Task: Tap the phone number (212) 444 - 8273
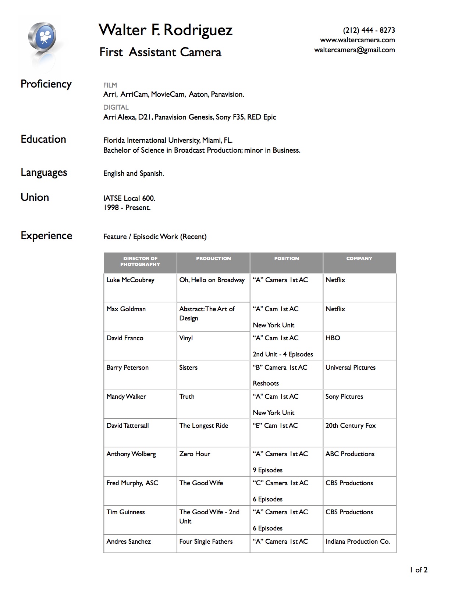click(369, 30)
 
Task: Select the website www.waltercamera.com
click(357, 40)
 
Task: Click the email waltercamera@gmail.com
click(354, 50)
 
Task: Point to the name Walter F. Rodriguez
click(166, 30)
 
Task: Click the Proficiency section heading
click(46, 84)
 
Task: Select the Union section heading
click(35, 197)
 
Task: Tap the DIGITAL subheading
click(116, 107)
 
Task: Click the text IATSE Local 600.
click(129, 198)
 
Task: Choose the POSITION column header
click(287, 259)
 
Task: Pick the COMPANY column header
click(359, 259)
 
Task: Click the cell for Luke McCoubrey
click(130, 280)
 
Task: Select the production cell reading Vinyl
click(186, 338)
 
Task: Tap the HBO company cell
click(333, 338)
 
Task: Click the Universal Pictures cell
click(350, 368)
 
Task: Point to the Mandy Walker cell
click(126, 397)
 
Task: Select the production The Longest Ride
click(204, 426)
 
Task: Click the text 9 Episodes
click(267, 470)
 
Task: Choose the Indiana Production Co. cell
click(358, 542)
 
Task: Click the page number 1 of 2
click(419, 570)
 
